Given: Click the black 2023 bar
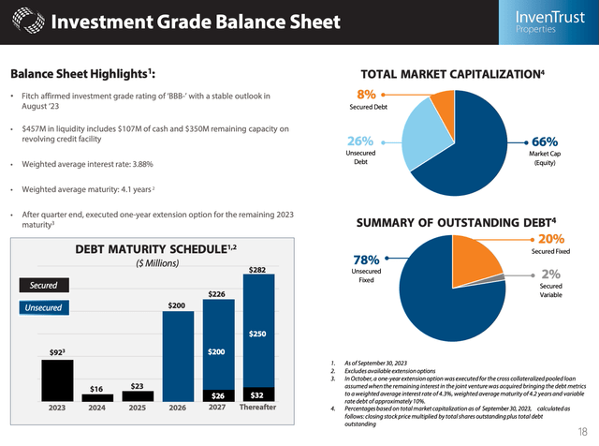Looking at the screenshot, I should point(56,380).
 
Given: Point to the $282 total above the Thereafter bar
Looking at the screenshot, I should point(257,271).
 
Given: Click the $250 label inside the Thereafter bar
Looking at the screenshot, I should point(257,333).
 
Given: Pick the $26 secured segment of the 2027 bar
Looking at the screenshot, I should point(216,394).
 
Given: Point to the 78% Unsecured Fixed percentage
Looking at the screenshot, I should point(358,258).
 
